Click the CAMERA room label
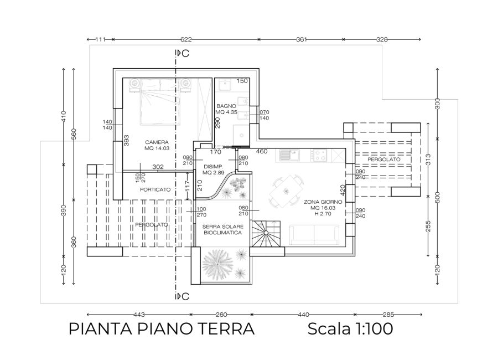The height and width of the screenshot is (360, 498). point(157,142)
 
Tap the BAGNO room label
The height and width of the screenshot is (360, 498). point(226,106)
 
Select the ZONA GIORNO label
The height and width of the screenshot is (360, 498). point(323,202)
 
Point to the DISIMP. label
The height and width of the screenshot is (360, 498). point(214,167)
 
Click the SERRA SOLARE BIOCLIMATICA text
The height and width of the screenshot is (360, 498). point(222,230)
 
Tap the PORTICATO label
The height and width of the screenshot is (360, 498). point(155,189)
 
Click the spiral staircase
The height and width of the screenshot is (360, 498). point(266,233)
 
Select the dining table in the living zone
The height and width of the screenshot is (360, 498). point(286,191)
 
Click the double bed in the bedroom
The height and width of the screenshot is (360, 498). point(160,101)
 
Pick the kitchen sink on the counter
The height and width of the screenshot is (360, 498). point(289,156)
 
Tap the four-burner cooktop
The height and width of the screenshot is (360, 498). point(319,156)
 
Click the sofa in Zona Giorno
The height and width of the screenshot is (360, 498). point(314,235)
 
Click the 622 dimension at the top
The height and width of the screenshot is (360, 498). point(186,39)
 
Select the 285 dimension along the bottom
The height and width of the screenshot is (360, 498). point(388,315)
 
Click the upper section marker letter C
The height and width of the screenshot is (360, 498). point(186,53)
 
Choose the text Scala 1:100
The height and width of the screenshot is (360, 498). point(350,328)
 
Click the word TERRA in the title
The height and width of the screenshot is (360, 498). point(226,329)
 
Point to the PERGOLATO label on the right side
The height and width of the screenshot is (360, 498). point(383,160)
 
